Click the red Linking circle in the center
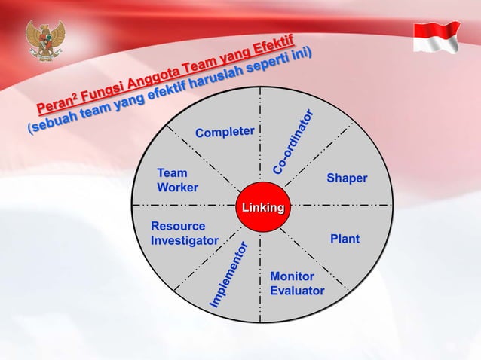(262, 207)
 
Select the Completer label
(225, 133)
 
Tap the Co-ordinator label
(293, 143)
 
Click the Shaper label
(347, 178)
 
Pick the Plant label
(345, 239)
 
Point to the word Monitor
(292, 276)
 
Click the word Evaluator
(297, 291)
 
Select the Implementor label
(228, 275)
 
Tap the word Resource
(178, 226)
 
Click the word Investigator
(185, 240)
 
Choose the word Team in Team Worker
(172, 172)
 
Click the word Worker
(177, 187)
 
